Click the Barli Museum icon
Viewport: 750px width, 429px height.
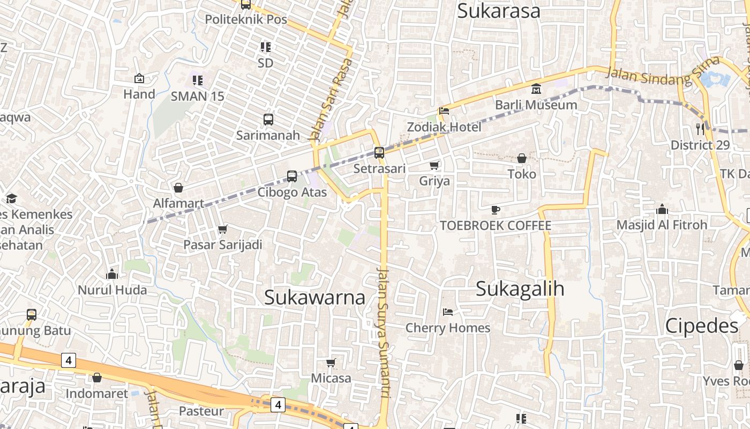[536, 89]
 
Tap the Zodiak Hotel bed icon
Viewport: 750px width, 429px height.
[444, 112]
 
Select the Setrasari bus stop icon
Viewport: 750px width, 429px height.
[379, 152]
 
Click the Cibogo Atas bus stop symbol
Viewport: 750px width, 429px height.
[292, 176]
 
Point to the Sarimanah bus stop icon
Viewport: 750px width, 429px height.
[268, 119]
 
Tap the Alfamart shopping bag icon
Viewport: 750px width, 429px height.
[178, 188]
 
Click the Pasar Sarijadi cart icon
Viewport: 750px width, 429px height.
[223, 229]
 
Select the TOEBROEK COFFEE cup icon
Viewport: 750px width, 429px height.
[496, 210]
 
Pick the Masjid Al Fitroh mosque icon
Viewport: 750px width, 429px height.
[662, 209]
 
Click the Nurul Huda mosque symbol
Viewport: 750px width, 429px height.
[112, 274]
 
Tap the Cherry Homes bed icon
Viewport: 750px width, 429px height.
[448, 312]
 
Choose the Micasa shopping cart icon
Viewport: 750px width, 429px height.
[331, 363]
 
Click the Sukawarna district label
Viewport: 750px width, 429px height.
[315, 297]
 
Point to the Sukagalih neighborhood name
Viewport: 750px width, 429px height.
[520, 289]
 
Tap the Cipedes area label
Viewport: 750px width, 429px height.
[702, 326]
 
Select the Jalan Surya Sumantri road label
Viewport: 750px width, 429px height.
[384, 332]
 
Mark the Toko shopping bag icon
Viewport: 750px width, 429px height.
[521, 158]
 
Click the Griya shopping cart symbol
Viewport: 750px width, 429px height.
[434, 165]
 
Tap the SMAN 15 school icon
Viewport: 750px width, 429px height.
[197, 80]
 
